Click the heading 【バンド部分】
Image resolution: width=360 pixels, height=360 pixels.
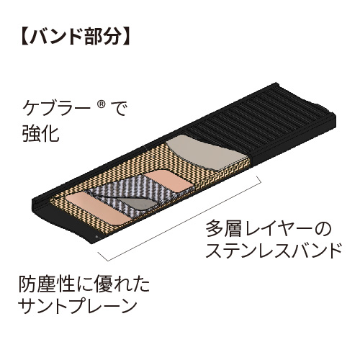pos(76,37)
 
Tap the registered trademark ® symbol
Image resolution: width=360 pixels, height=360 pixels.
pos(102,104)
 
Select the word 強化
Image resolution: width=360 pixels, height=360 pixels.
pos(41,134)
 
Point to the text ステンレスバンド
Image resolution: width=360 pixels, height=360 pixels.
pos(274,250)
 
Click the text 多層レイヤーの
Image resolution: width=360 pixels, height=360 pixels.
pos(269,229)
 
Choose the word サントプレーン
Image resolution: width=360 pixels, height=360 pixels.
pos(78,306)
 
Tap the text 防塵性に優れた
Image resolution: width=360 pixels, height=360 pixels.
pos(84,285)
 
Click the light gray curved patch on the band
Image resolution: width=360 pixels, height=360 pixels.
pos(207,153)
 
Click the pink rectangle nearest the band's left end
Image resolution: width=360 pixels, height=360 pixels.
pos(99,209)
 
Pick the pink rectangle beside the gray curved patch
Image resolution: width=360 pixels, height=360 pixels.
pos(169,181)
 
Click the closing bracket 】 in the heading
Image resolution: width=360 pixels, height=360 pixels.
pos(126,37)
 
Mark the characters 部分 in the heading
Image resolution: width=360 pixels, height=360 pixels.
pos(103,37)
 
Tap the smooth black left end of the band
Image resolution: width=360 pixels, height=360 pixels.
pos(66,223)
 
